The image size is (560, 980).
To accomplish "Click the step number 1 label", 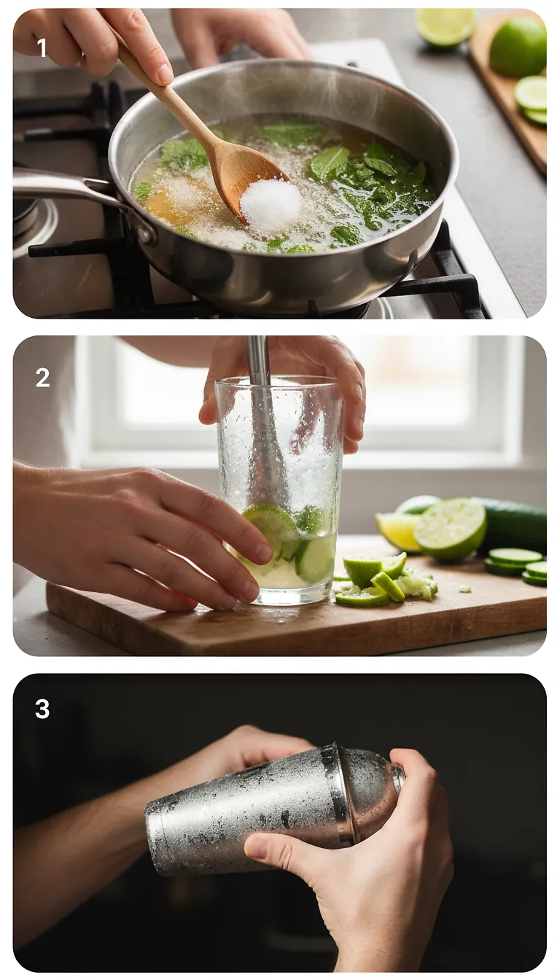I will pyautogui.click(x=42, y=48).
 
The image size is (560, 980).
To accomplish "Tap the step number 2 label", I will pyautogui.click(x=42, y=377).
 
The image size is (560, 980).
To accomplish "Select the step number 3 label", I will pyautogui.click(x=42, y=709).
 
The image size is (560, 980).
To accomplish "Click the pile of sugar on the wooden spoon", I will pyautogui.click(x=271, y=203).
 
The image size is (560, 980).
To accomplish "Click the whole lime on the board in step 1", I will pyautogui.click(x=518, y=47).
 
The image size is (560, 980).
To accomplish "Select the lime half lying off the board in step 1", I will pyautogui.click(x=445, y=26).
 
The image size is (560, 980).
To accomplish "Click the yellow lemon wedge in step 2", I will pyautogui.click(x=398, y=532).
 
